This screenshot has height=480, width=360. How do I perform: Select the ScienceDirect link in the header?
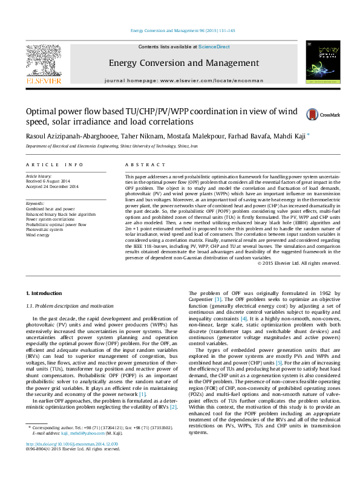click(x=214, y=47)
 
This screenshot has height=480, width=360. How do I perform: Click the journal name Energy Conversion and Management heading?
click(x=179, y=63)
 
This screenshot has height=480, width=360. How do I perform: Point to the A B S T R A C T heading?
click(x=145, y=164)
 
